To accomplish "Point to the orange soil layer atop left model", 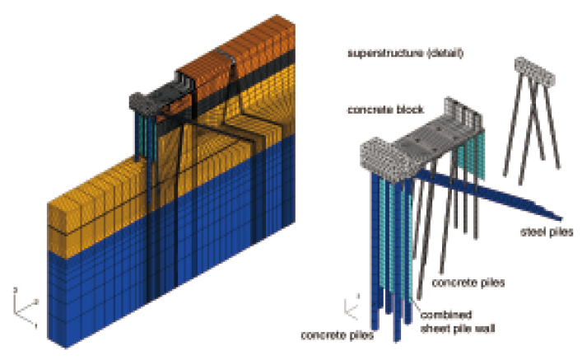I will [x=239, y=49].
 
